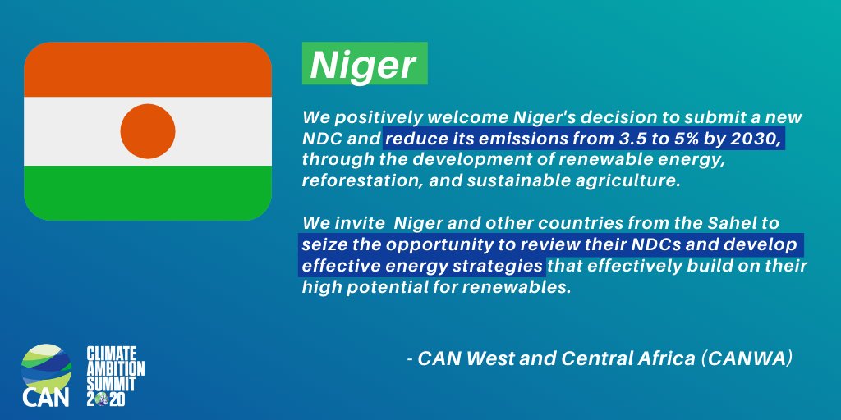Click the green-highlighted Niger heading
[364, 66]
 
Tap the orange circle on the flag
[148, 131]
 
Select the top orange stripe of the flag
[148, 70]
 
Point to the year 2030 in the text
[756, 139]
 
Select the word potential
[386, 288]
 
